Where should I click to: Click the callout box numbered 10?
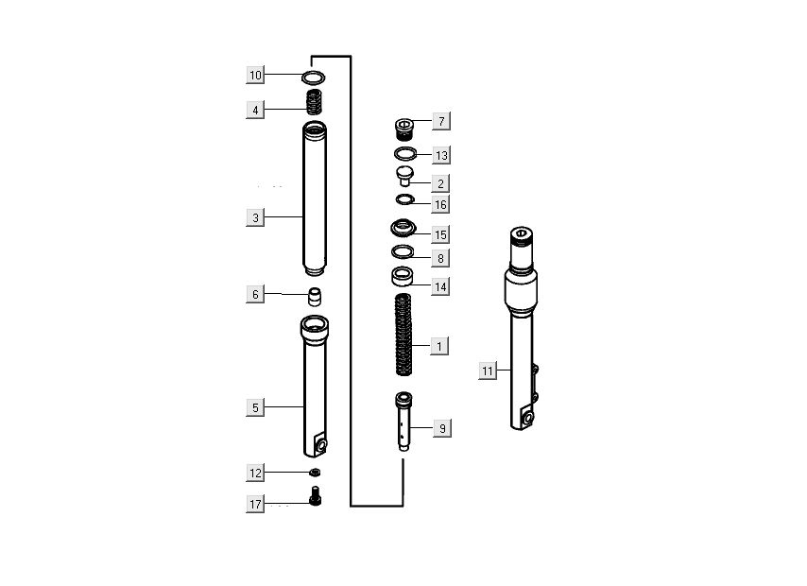(255, 76)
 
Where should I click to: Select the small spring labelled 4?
(314, 102)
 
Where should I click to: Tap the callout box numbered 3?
(255, 217)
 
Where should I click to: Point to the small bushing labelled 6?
(315, 297)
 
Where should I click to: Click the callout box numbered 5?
(255, 407)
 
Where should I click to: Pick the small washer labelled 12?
(315, 472)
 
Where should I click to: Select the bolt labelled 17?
(315, 495)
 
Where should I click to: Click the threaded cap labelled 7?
(404, 129)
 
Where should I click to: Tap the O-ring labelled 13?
(405, 153)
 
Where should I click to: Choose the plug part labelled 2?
(404, 176)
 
